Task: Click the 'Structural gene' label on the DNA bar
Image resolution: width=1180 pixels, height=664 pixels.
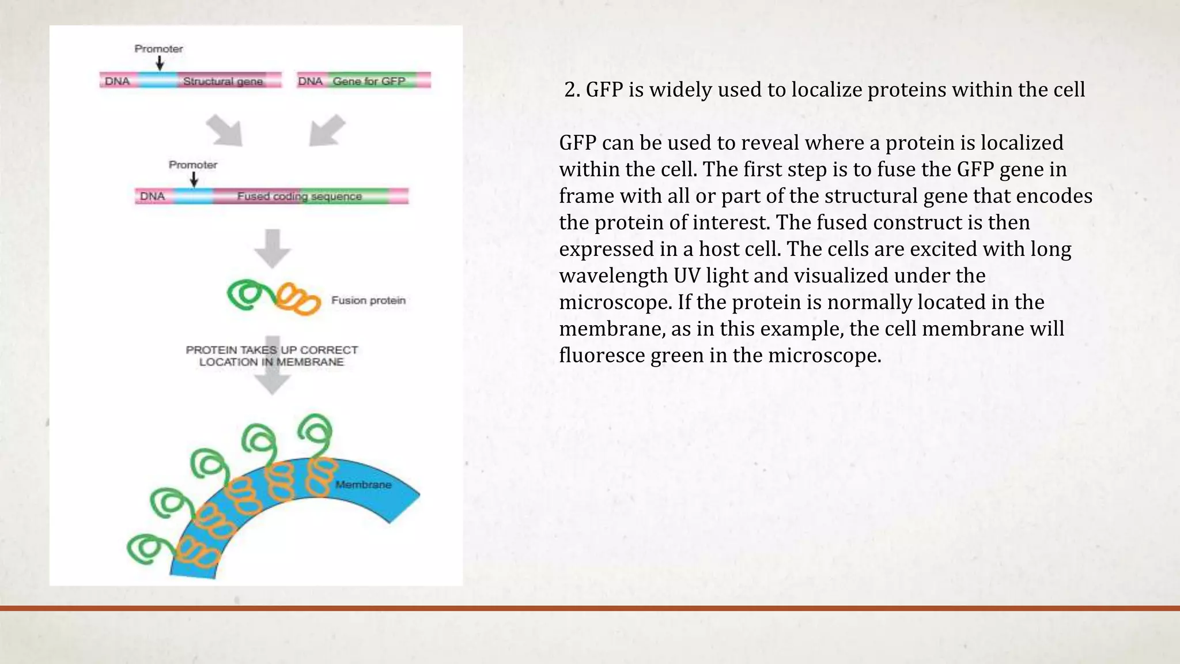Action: point(223,81)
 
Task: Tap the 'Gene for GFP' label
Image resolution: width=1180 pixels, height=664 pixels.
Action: point(369,81)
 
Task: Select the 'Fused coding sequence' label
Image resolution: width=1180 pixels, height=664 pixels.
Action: point(299,197)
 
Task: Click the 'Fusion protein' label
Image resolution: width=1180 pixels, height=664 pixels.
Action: point(368,300)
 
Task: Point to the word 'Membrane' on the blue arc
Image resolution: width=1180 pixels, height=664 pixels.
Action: point(363,485)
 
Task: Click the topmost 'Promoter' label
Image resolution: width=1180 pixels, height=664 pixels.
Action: point(158,49)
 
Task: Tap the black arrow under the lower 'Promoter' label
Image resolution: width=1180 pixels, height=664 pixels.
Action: point(194,179)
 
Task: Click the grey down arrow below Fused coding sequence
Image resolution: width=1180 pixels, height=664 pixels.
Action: point(273,248)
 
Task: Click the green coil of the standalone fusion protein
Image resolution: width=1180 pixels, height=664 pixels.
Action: point(249,295)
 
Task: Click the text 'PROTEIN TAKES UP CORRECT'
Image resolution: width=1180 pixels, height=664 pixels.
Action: point(271,350)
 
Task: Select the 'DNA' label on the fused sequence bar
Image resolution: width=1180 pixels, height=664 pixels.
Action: point(152,197)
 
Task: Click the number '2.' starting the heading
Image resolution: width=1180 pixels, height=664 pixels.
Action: point(572,90)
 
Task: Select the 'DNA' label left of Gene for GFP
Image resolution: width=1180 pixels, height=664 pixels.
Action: point(310,81)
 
